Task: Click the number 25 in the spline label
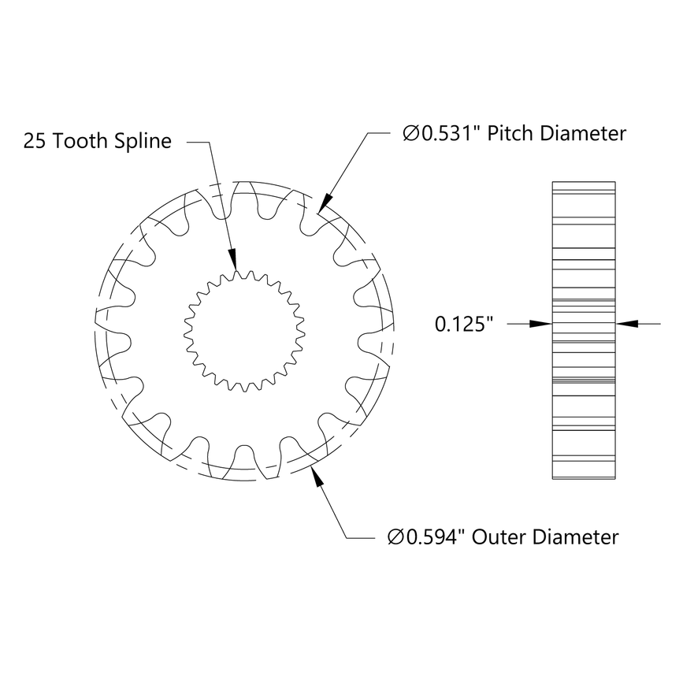(35, 142)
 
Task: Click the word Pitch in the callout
(513, 133)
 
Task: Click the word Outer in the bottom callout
(500, 537)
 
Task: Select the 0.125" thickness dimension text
(464, 323)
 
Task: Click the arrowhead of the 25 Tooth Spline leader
(232, 264)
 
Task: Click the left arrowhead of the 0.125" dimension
(544, 322)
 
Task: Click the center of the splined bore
(243, 331)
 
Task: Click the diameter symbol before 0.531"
(410, 134)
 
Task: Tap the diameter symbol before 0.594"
(395, 538)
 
